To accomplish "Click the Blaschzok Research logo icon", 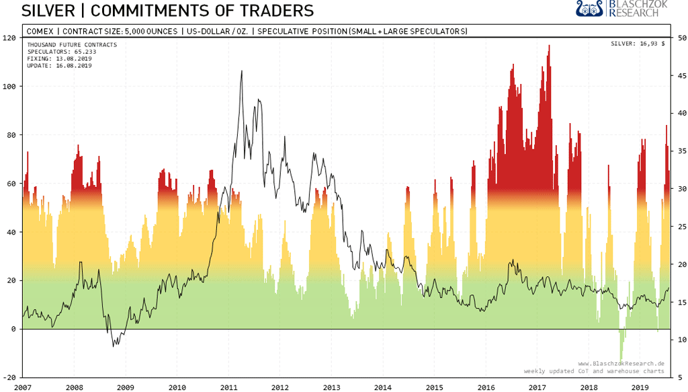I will pyautogui.click(x=590, y=9).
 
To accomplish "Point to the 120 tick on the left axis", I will pyautogui.click(x=9, y=38).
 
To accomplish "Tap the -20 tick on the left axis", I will pyautogui.click(x=9, y=377).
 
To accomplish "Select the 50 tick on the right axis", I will pyautogui.click(x=680, y=38).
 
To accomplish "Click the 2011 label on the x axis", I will pyautogui.click(x=228, y=387).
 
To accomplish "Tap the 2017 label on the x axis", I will pyautogui.click(x=537, y=387).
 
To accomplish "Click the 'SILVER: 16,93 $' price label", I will pyautogui.click(x=637, y=44).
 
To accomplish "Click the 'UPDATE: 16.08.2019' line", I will pyautogui.click(x=59, y=65).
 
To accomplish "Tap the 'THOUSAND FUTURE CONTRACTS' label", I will pyautogui.click(x=72, y=45).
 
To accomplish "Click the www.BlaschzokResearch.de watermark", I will pyautogui.click(x=621, y=364).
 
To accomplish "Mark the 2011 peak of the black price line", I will pyautogui.click(x=241, y=71).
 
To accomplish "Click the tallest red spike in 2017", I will pyautogui.click(x=550, y=46).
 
